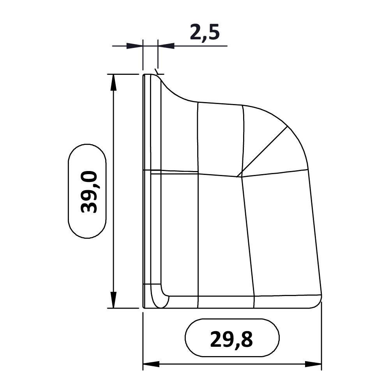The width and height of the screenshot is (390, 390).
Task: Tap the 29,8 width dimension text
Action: pos(231,339)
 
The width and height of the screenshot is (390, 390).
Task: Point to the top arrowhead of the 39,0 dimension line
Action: pos(113,82)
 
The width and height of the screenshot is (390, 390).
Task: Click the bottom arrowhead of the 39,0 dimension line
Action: pos(113,300)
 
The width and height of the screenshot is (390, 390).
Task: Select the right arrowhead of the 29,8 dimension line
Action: pos(313,364)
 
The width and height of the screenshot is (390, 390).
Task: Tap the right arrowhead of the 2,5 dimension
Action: pos(166,46)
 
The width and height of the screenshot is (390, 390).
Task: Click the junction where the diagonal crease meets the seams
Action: pos(239,176)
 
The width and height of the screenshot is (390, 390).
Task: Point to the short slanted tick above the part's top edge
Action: pos(157,71)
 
